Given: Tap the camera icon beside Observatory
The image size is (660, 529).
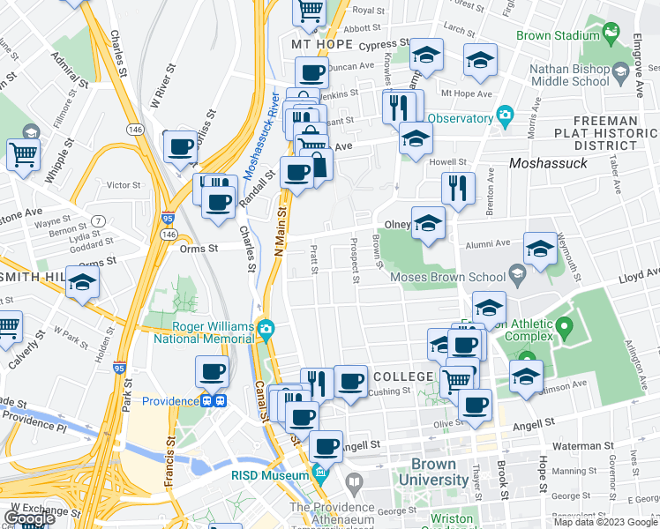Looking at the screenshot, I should [505, 115].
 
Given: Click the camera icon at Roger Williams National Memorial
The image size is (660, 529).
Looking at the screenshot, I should [266, 330].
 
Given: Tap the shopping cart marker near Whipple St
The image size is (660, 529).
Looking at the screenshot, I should [24, 153].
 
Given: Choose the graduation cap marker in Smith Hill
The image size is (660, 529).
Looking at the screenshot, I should [83, 282].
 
